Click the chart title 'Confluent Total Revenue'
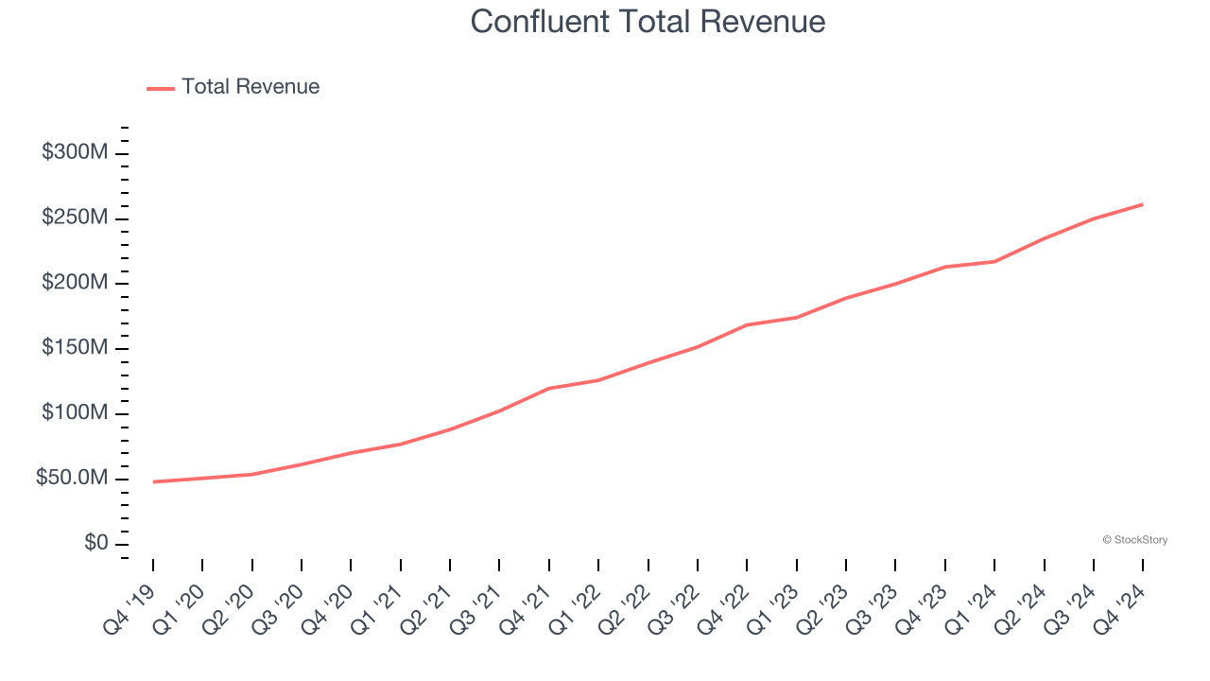point(648,22)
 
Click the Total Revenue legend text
point(251,87)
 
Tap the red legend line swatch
point(161,88)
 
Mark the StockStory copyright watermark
point(1134,540)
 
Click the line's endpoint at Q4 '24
point(1143,204)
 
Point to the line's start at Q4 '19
point(153,481)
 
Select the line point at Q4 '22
point(747,324)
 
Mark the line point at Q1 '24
point(994,261)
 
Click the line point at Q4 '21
point(549,388)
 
